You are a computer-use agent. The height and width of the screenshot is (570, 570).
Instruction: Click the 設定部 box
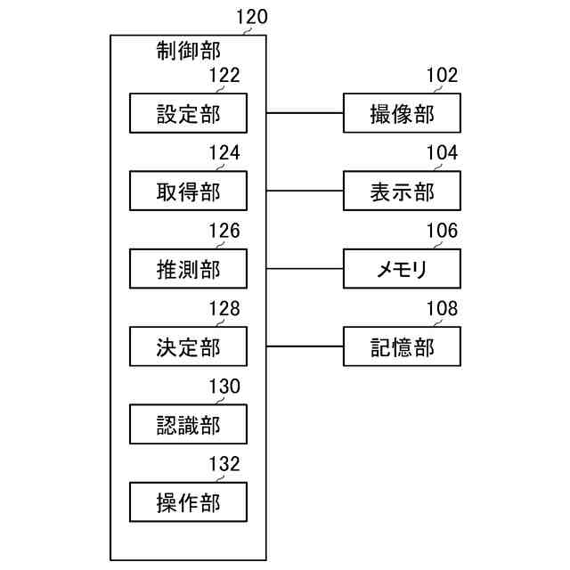[188, 113]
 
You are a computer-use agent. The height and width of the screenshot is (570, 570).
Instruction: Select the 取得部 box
[188, 191]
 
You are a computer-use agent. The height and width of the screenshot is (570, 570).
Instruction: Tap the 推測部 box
[188, 268]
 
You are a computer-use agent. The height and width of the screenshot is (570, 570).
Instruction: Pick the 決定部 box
[188, 346]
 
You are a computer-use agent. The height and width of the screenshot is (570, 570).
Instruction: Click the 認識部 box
[188, 424]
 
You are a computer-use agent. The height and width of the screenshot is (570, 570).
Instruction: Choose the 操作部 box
[188, 501]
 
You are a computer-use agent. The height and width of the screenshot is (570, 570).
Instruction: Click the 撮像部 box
[403, 113]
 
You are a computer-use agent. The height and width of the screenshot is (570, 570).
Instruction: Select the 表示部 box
[403, 191]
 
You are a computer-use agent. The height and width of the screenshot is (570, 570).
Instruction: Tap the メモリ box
[403, 268]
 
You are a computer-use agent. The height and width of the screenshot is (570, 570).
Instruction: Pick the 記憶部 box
[403, 346]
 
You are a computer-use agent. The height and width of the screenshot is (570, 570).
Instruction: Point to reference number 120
[252, 16]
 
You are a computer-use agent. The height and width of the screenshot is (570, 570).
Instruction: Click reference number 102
[442, 75]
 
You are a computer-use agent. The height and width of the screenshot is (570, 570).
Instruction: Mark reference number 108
[442, 308]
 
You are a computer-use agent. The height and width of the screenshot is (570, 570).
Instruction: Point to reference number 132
[224, 463]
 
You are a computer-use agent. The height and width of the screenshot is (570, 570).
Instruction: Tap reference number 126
[224, 231]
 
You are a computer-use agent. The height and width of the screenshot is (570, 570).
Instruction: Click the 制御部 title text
[189, 51]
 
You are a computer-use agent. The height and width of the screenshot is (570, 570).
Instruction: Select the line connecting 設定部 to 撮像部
[305, 113]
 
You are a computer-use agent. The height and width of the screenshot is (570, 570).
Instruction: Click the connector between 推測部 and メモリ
[305, 268]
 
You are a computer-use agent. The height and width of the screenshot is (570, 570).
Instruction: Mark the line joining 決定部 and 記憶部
[305, 346]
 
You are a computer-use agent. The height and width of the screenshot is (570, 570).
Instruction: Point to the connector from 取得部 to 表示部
[305, 191]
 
